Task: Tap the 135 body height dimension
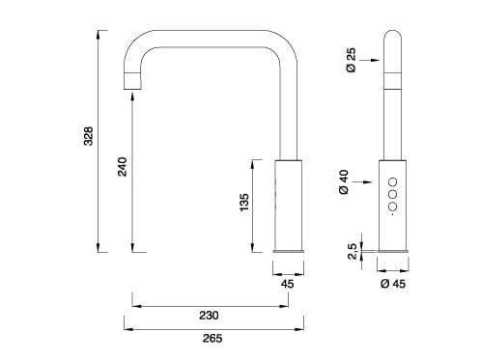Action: (244, 202)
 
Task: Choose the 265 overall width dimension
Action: (213, 339)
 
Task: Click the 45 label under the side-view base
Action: (288, 284)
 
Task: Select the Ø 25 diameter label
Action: (352, 61)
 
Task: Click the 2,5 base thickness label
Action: (353, 250)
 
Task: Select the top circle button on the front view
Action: (392, 181)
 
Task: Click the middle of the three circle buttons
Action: (392, 193)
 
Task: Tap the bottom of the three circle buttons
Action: (392, 205)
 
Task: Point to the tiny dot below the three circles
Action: (392, 215)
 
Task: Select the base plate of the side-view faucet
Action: (290, 251)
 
